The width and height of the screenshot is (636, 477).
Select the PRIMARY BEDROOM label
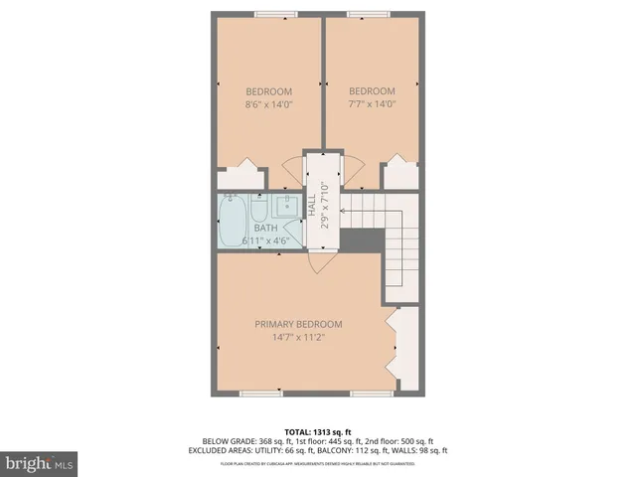click(298, 324)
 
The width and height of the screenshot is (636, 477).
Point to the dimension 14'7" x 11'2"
click(298, 337)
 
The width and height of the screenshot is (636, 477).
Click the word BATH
click(265, 229)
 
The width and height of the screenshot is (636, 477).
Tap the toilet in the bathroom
click(258, 209)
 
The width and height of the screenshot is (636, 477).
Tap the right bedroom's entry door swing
click(350, 167)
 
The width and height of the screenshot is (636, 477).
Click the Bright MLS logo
click(40, 463)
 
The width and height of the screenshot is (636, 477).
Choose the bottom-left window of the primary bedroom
click(261, 393)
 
